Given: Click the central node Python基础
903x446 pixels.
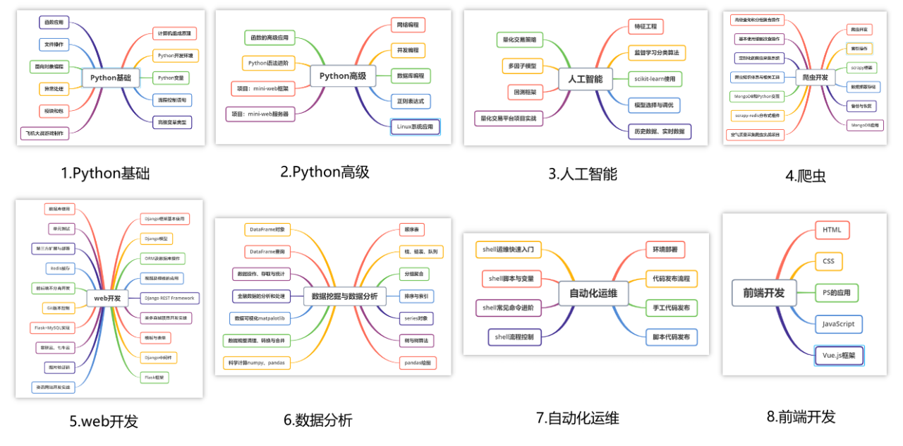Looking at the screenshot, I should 111,78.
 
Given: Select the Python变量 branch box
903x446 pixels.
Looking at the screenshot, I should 171,77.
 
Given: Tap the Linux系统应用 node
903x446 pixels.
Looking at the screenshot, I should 415,127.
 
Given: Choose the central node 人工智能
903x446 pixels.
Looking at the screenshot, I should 584,79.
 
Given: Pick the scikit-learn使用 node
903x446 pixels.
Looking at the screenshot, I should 655,79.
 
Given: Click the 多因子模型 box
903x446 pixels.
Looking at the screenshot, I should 523,66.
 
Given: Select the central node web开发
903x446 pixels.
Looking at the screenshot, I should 107,299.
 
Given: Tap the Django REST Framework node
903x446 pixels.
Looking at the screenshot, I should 169,298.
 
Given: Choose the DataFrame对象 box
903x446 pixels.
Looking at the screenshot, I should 267,229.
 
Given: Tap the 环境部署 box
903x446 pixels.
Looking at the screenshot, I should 665,250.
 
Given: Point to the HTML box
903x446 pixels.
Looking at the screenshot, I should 832,230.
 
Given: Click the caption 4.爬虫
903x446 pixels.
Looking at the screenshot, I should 805,176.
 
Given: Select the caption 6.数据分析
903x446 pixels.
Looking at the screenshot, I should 317,421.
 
